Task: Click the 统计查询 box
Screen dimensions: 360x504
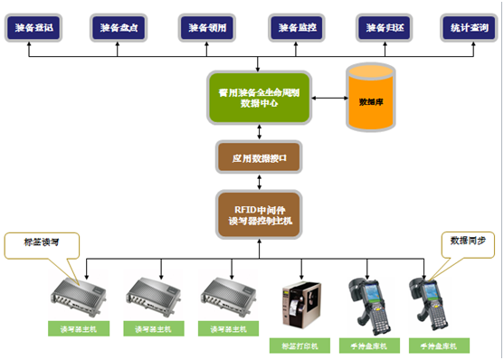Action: [x=469, y=28]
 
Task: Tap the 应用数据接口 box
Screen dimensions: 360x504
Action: [x=259, y=157]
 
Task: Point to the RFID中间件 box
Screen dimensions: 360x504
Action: [x=259, y=214]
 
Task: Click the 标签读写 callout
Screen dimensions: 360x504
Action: [x=41, y=242]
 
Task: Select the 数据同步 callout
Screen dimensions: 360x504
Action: [x=467, y=242]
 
